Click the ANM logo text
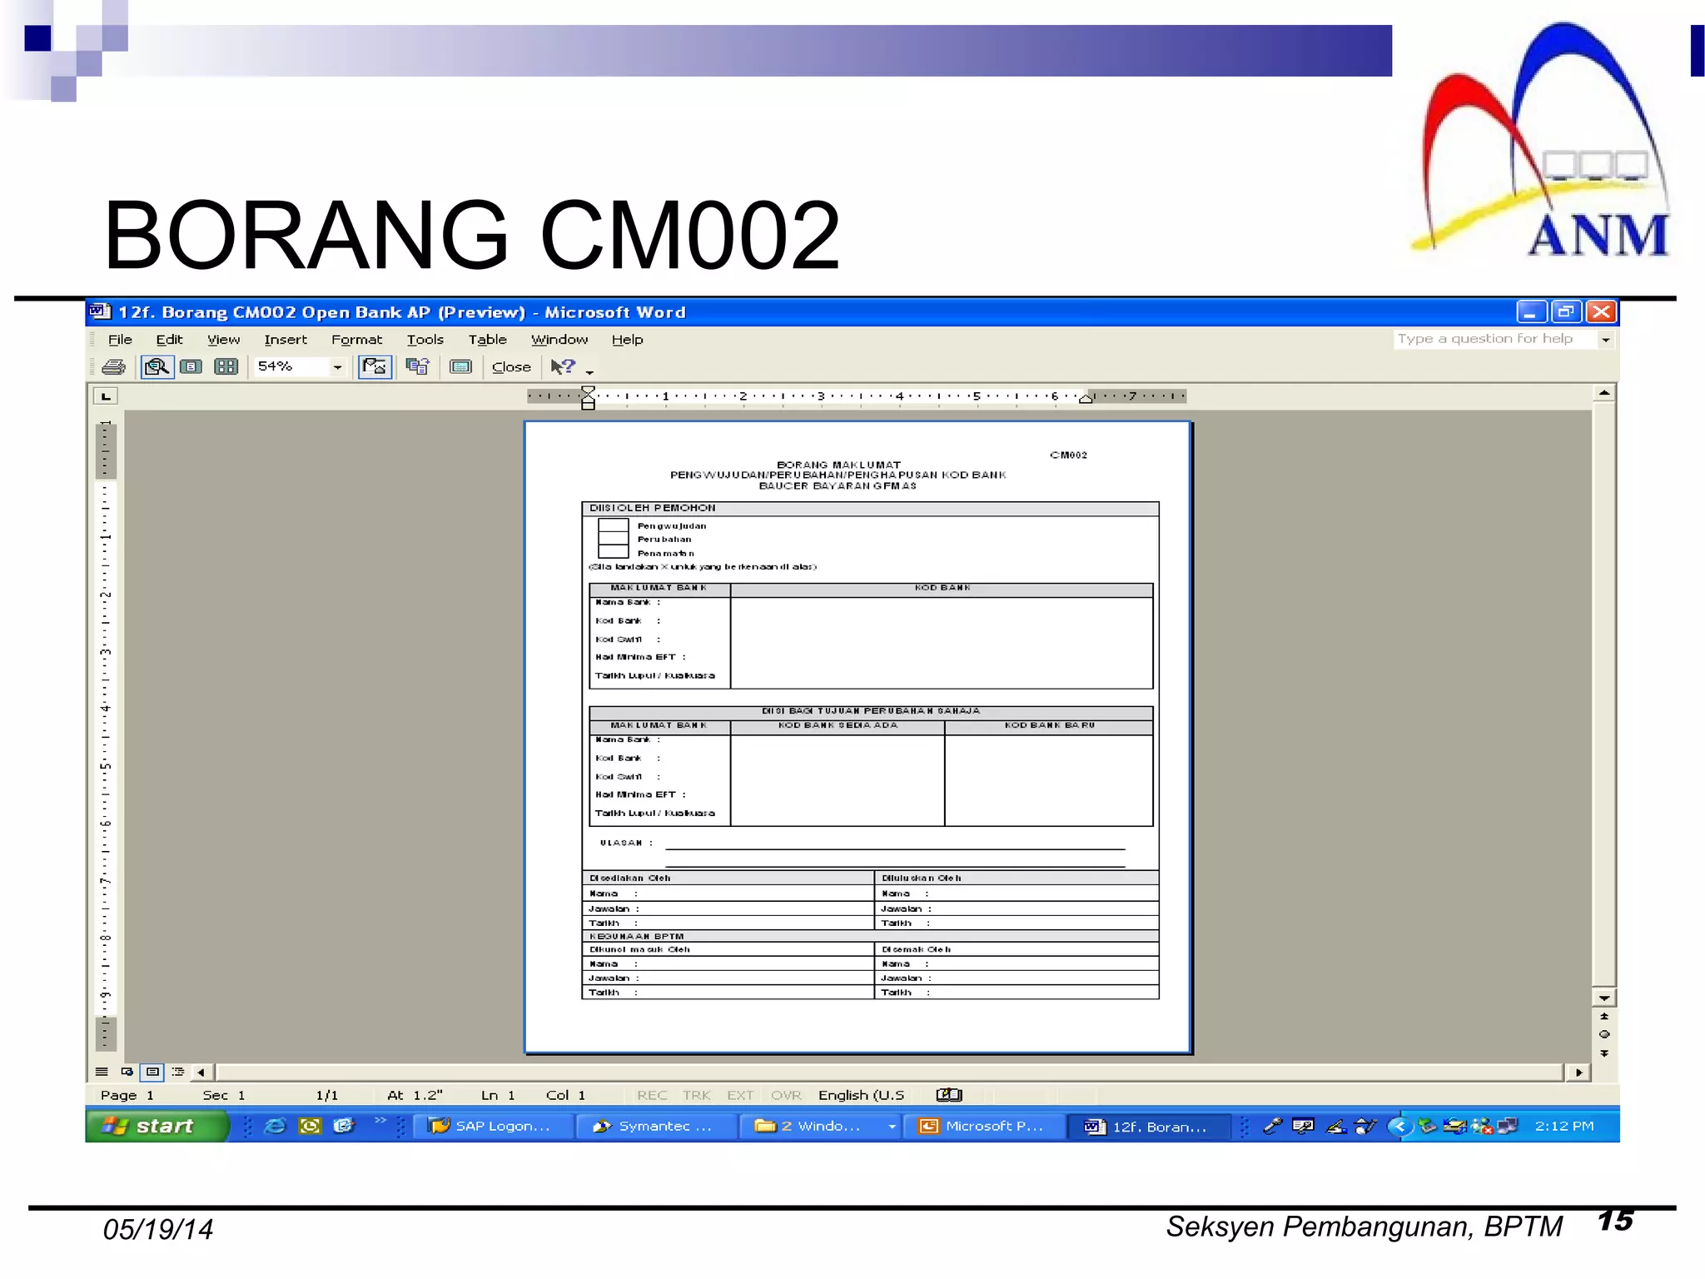(x=1598, y=236)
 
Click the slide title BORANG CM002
(x=471, y=236)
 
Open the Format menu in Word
(x=356, y=340)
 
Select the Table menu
(x=487, y=340)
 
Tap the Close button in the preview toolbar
(x=510, y=367)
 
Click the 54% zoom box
(x=291, y=366)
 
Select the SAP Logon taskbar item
(x=491, y=1126)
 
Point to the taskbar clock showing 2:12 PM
(x=1563, y=1126)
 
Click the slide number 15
(x=1615, y=1221)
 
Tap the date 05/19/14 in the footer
(x=158, y=1229)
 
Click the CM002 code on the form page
(x=1068, y=455)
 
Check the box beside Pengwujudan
(x=613, y=525)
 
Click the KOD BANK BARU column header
(x=1049, y=725)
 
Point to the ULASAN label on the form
(x=621, y=843)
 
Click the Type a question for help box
(x=1494, y=339)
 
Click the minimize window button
(x=1531, y=312)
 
